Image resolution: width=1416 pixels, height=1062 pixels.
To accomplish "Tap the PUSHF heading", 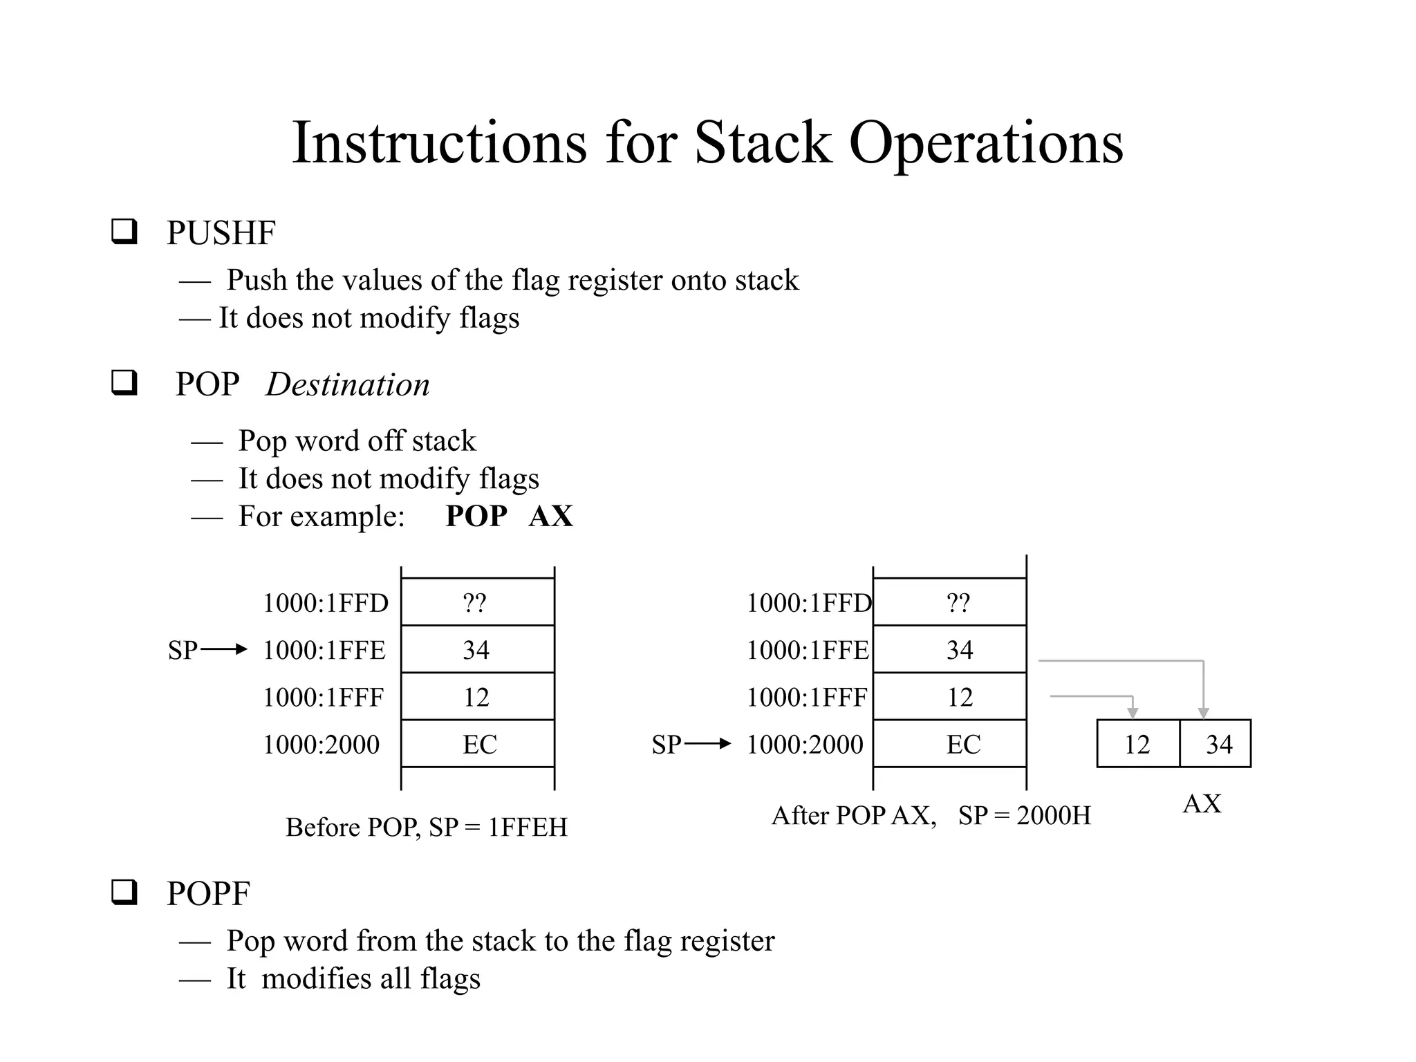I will [221, 233].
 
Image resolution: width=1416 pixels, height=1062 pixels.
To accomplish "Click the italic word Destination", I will [347, 384].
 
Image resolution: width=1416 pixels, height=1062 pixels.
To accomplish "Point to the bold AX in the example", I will [550, 516].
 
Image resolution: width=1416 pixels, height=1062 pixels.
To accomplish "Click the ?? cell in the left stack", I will [477, 603].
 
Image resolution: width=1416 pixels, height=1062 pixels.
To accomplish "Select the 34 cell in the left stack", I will [477, 650].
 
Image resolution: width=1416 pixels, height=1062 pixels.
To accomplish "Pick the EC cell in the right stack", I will [962, 745].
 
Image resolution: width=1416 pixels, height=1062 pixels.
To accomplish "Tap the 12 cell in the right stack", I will [960, 697].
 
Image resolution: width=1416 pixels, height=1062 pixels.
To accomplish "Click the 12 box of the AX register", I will [1137, 745].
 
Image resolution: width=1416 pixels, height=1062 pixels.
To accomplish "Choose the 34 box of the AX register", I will [1219, 745].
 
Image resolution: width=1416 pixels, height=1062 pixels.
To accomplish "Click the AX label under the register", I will [1202, 804].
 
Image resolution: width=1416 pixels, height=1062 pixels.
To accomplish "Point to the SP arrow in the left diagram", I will [223, 649].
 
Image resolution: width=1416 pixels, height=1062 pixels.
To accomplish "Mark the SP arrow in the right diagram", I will [707, 744].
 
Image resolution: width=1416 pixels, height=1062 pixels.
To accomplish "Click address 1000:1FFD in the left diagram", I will [325, 604].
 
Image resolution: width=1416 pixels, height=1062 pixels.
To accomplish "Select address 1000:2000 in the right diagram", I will [805, 745].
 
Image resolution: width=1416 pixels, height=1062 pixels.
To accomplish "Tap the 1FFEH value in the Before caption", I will [528, 828].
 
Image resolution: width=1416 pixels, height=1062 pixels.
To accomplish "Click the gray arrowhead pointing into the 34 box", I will [1203, 713].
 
